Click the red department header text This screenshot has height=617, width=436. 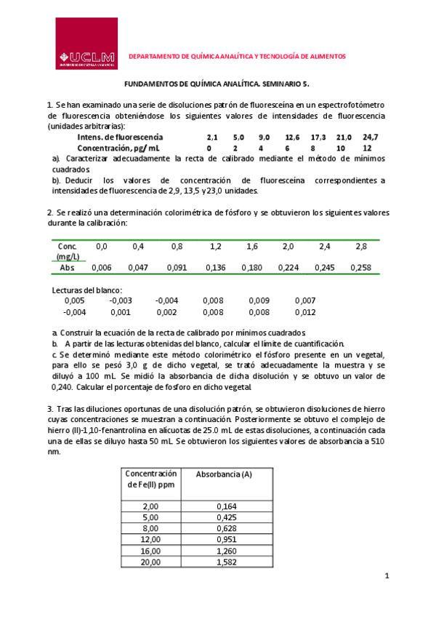[x=237, y=56]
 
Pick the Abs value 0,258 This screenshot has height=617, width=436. [x=361, y=268]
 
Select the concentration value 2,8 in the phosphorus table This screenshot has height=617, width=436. [x=361, y=247]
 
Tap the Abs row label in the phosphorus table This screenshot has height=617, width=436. [x=67, y=268]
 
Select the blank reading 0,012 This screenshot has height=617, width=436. [x=305, y=312]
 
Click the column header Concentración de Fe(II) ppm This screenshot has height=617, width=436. [x=151, y=479]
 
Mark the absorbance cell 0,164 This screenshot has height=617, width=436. [x=227, y=506]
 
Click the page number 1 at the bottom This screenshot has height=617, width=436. [x=388, y=576]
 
